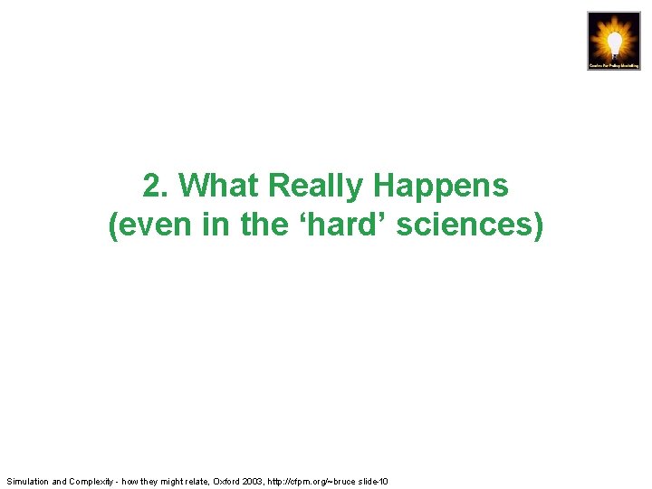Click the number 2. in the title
[156, 186]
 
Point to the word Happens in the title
[441, 186]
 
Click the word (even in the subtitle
[146, 225]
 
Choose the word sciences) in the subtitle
[470, 225]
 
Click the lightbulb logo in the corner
[614, 41]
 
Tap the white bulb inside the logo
[614, 40]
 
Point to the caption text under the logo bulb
[614, 65]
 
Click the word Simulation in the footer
[27, 481]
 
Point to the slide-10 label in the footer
[372, 481]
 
